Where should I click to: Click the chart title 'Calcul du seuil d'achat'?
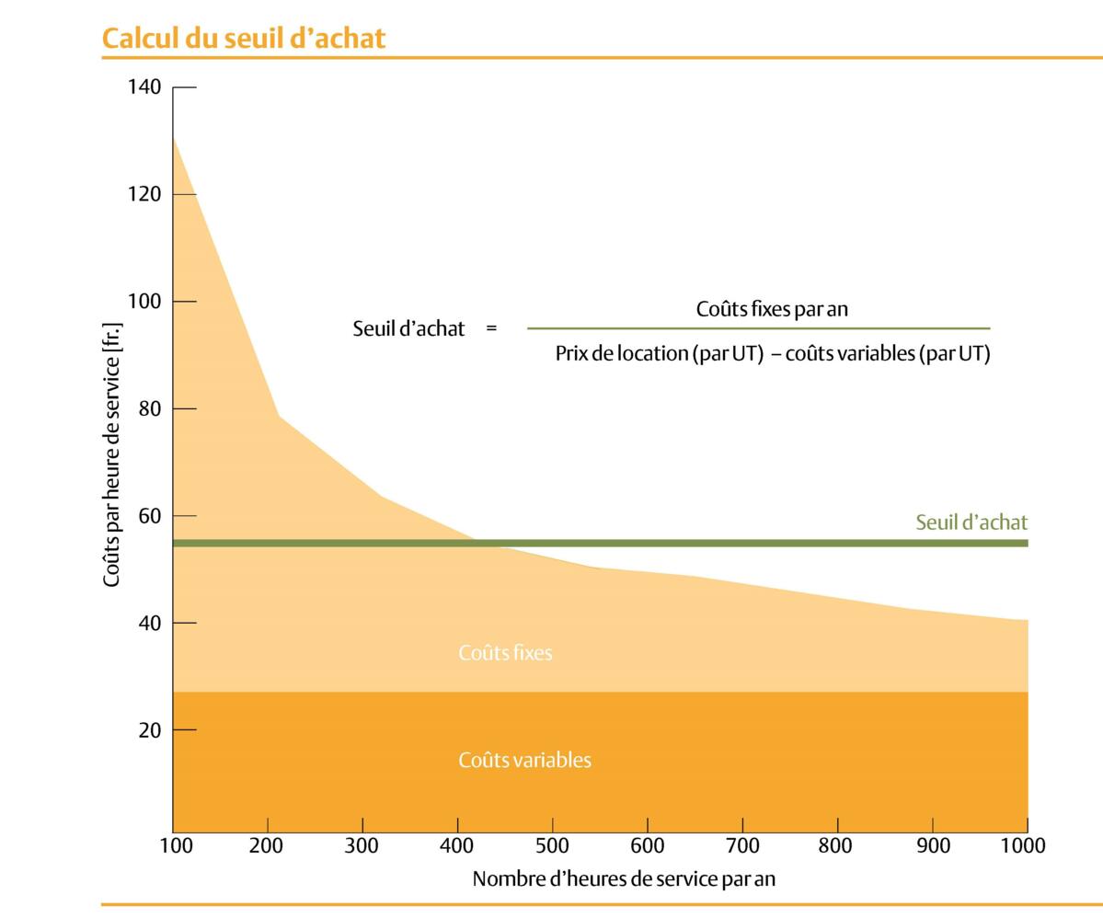[243, 39]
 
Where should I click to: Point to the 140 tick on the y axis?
[145, 87]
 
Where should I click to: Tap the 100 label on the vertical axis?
[145, 302]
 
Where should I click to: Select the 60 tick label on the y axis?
[150, 516]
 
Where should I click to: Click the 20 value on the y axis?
[150, 730]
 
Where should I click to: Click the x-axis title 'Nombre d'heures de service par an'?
[624, 879]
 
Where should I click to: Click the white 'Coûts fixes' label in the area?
[505, 653]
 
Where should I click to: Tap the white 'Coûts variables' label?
[524, 761]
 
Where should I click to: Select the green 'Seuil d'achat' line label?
[971, 522]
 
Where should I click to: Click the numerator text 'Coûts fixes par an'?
[772, 309]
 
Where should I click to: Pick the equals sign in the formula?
[491, 328]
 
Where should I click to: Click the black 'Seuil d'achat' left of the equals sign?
[408, 328]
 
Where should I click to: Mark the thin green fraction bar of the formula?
[758, 328]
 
